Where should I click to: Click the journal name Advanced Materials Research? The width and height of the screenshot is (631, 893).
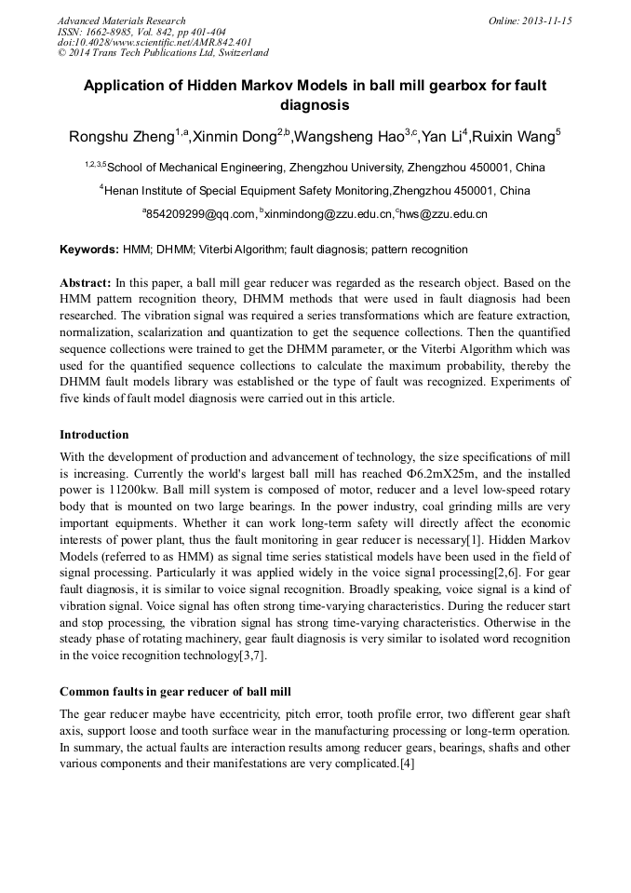point(121,20)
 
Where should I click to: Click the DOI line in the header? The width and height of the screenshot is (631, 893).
point(154,42)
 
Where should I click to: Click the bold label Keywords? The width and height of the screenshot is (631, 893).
point(89,250)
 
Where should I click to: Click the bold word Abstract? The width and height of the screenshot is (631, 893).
point(85,282)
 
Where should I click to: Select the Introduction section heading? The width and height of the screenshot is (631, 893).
point(94,434)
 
